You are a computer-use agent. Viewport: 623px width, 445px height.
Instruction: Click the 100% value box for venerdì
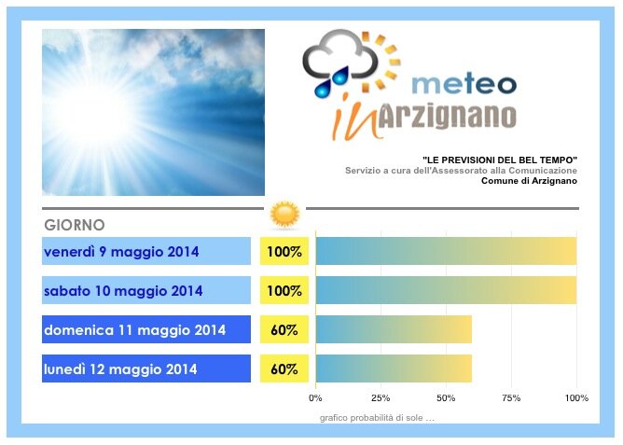click(284, 251)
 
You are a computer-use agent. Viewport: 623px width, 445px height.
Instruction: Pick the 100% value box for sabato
click(284, 290)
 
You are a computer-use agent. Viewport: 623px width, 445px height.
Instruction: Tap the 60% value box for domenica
click(284, 329)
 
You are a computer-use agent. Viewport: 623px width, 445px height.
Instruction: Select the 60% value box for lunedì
click(284, 369)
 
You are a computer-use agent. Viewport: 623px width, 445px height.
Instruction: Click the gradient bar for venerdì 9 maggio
click(446, 251)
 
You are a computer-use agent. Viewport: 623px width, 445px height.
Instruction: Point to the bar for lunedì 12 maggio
click(395, 369)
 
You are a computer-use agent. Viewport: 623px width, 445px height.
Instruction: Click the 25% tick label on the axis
click(381, 398)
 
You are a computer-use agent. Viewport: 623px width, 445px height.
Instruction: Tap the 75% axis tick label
click(511, 398)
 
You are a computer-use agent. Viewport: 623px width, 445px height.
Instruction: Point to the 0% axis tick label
click(315, 398)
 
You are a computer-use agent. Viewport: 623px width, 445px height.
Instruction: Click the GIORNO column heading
click(75, 225)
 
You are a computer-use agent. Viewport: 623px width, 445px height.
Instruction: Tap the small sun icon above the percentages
click(284, 215)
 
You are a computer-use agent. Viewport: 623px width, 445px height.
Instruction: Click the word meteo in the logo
click(464, 83)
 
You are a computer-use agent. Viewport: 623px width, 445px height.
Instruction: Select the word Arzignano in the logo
click(447, 117)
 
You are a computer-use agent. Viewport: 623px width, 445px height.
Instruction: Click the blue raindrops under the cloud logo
click(332, 82)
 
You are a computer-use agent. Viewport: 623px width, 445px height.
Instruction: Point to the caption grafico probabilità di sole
click(377, 418)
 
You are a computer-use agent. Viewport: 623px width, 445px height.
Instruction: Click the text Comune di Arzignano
click(529, 181)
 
